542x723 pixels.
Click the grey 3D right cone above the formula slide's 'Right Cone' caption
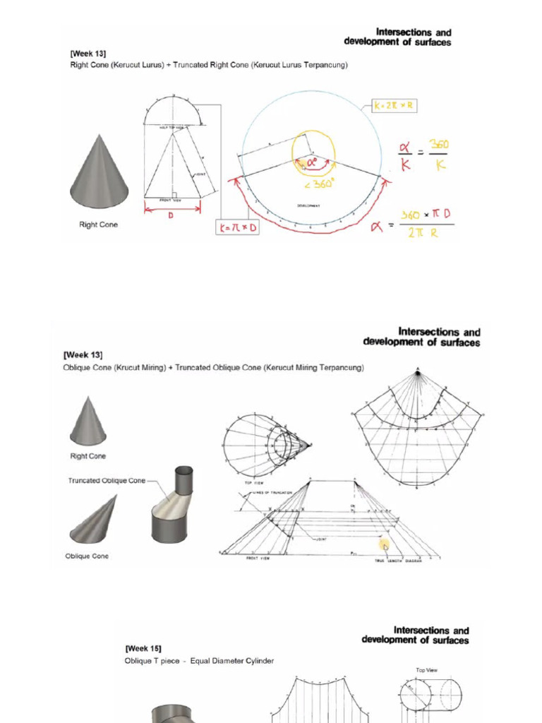point(99,173)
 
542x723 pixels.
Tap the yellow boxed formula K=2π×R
point(393,106)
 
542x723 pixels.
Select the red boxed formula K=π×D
point(236,228)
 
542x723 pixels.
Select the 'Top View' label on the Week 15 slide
point(426,670)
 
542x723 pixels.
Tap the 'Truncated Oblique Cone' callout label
point(107,481)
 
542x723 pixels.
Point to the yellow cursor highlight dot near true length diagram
point(385,544)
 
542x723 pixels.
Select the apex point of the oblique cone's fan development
point(417,370)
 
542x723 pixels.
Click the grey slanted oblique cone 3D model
point(94,521)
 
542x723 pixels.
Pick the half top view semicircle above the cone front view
point(173,112)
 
